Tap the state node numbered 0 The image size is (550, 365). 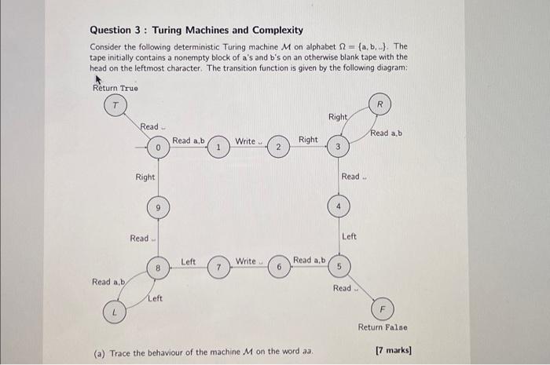click(x=158, y=147)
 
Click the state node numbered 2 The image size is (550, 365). click(x=278, y=147)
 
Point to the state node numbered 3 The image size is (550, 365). click(x=337, y=147)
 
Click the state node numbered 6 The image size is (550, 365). click(x=278, y=267)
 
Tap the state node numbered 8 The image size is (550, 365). click(x=158, y=267)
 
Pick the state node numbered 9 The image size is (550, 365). click(x=158, y=207)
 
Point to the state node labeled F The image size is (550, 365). click(x=383, y=308)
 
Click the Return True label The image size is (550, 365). click(x=115, y=87)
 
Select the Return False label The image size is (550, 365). click(x=383, y=327)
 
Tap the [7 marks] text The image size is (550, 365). click(x=394, y=351)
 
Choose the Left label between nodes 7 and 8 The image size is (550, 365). click(x=189, y=260)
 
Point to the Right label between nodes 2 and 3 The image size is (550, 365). click(x=308, y=140)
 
